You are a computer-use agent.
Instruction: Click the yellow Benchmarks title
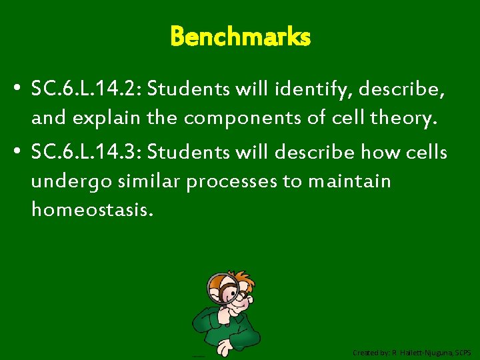[240, 37]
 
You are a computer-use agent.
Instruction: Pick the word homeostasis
[92, 211]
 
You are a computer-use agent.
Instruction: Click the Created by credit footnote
[412, 351]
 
